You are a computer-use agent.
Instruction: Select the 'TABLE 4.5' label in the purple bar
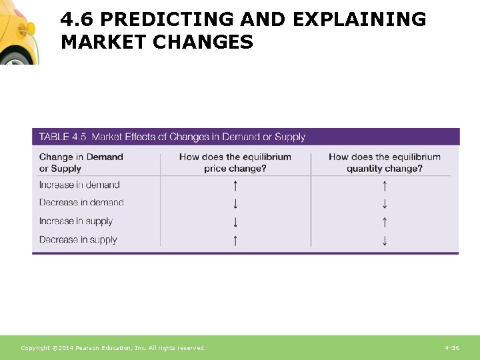[63, 137]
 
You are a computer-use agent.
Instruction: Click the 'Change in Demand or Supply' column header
[81, 163]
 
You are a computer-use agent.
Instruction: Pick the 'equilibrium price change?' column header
[235, 163]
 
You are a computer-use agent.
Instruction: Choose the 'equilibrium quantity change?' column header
[385, 163]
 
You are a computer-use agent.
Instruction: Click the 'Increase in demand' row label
[79, 185]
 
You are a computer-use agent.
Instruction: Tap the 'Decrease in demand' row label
[81, 203]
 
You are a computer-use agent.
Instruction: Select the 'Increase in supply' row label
[76, 221]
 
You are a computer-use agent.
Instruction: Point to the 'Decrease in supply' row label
[78, 239]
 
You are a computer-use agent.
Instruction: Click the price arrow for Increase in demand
[235, 186]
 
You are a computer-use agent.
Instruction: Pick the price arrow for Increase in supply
[235, 222]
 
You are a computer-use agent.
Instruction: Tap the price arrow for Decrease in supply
[235, 240]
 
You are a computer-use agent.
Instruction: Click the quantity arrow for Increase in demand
[385, 186]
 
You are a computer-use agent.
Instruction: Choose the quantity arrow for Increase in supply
[385, 222]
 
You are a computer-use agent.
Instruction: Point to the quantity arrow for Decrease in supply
[385, 240]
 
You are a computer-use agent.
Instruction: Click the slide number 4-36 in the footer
[451, 348]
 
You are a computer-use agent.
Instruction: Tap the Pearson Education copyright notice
[113, 348]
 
